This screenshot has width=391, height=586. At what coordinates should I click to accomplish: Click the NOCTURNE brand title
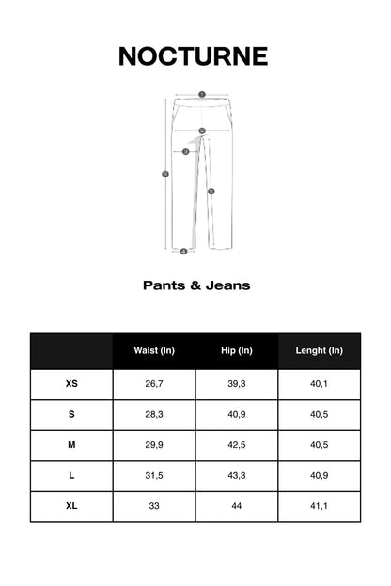[x=195, y=56]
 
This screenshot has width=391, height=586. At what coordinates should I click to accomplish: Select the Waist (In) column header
[x=154, y=351]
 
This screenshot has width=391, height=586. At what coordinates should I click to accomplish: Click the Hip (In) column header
[x=237, y=351]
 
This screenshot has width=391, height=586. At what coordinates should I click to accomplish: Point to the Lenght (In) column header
[x=320, y=351]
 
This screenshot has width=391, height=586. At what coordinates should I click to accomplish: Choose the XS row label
[x=71, y=384]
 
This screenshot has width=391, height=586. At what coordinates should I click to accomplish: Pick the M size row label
[x=71, y=445]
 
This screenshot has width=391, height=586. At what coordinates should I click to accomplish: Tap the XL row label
[x=71, y=506]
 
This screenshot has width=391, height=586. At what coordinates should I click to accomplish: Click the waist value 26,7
[x=154, y=384]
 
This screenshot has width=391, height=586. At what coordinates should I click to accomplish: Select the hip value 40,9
[x=237, y=415]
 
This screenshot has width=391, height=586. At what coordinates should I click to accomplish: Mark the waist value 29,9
[x=154, y=445]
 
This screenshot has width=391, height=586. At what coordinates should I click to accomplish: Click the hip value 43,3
[x=237, y=476]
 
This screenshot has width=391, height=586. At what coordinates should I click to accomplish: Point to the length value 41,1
[x=320, y=506]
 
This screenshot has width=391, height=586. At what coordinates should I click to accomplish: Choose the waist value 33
[x=154, y=506]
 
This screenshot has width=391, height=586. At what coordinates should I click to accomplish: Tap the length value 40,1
[x=320, y=384]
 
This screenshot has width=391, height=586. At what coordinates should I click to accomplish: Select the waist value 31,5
[x=154, y=476]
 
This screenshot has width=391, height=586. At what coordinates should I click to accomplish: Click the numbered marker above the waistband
[x=202, y=94]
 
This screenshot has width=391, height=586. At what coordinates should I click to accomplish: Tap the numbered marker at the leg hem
[x=184, y=251]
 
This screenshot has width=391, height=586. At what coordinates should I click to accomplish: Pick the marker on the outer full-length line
[x=166, y=174]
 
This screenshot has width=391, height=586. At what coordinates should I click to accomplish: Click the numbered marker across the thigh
[x=186, y=151]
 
